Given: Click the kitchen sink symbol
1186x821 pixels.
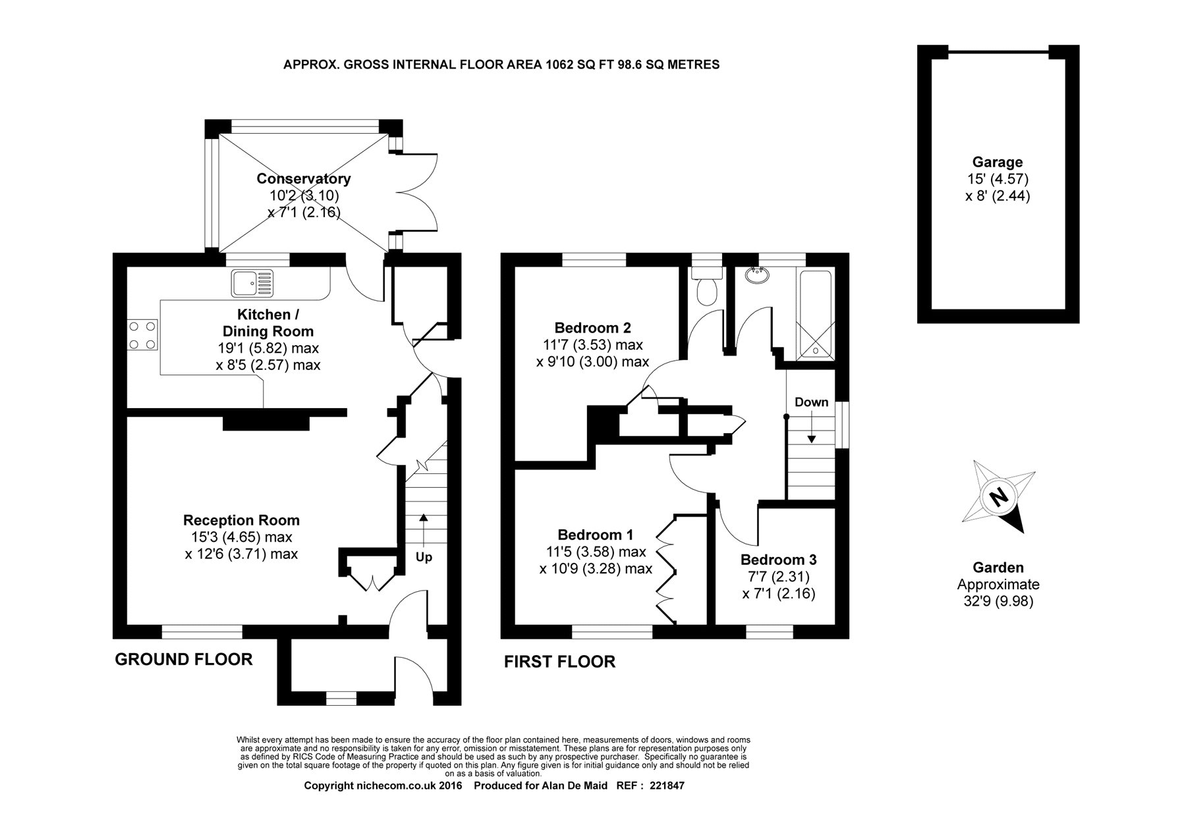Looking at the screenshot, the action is (x=252, y=283).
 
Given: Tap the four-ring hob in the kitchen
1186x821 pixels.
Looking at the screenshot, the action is (x=143, y=334).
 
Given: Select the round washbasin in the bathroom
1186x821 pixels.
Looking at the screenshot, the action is (x=756, y=275).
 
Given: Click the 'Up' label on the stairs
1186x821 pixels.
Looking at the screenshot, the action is (x=424, y=558).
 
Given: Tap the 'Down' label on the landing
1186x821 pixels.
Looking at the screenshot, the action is (x=811, y=402).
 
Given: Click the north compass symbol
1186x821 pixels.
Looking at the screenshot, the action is (x=1000, y=496).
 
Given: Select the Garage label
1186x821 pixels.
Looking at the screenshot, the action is (x=998, y=162).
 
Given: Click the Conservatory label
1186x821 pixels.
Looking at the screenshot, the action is (x=303, y=178).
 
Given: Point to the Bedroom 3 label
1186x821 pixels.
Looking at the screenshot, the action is (x=778, y=560).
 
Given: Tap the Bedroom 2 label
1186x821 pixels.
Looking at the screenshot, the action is (x=592, y=327).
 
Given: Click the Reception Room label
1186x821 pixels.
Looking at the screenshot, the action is (x=241, y=520).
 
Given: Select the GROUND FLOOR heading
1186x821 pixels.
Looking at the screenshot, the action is (x=184, y=659).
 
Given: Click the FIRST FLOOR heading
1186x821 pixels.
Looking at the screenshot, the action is (x=559, y=662).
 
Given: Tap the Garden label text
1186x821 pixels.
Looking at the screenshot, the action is (x=998, y=568).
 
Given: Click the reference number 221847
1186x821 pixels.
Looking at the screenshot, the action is (x=667, y=805).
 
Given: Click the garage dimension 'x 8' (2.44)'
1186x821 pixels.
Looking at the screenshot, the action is (x=998, y=196).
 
